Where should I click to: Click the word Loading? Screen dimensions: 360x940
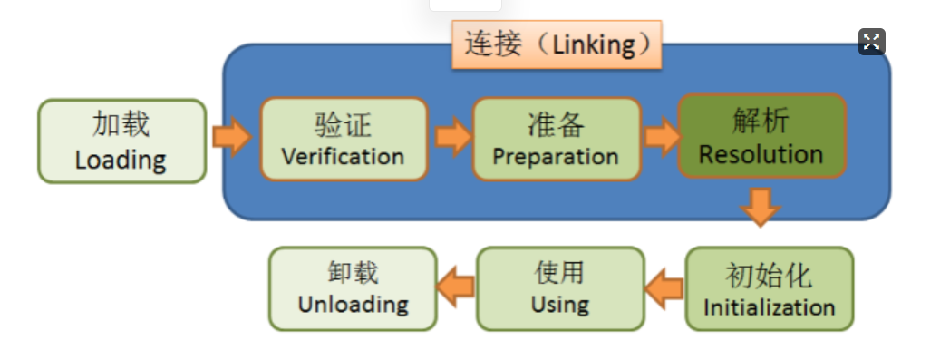pyautogui.click(x=121, y=161)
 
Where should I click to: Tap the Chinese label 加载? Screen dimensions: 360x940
pyautogui.click(x=121, y=125)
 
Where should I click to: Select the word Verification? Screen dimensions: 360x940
pyautogui.click(x=343, y=155)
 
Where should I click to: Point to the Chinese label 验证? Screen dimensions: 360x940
pyautogui.click(x=343, y=123)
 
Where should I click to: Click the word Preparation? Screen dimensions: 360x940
pyautogui.click(x=556, y=156)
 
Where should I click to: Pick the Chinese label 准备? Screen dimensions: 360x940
pyautogui.click(x=556, y=123)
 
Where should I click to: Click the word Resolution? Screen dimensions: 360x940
pyautogui.click(x=761, y=153)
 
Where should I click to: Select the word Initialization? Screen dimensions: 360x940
pyautogui.click(x=769, y=306)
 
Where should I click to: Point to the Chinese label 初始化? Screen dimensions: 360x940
pyautogui.click(x=769, y=275)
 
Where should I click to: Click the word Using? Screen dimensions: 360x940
pyautogui.click(x=560, y=304)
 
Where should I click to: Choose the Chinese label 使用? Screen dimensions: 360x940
pyautogui.click(x=560, y=271)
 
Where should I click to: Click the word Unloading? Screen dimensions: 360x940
pyautogui.click(x=354, y=304)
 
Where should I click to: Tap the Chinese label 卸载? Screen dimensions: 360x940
pyautogui.click(x=354, y=271)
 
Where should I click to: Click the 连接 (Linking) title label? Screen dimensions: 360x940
pyautogui.click(x=557, y=44)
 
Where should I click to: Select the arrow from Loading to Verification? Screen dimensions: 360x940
pyautogui.click(x=231, y=136)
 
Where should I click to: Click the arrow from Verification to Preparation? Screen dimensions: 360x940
pyautogui.click(x=452, y=136)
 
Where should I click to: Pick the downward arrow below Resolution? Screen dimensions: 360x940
pyautogui.click(x=760, y=207)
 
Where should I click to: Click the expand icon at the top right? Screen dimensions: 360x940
pyautogui.click(x=871, y=41)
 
